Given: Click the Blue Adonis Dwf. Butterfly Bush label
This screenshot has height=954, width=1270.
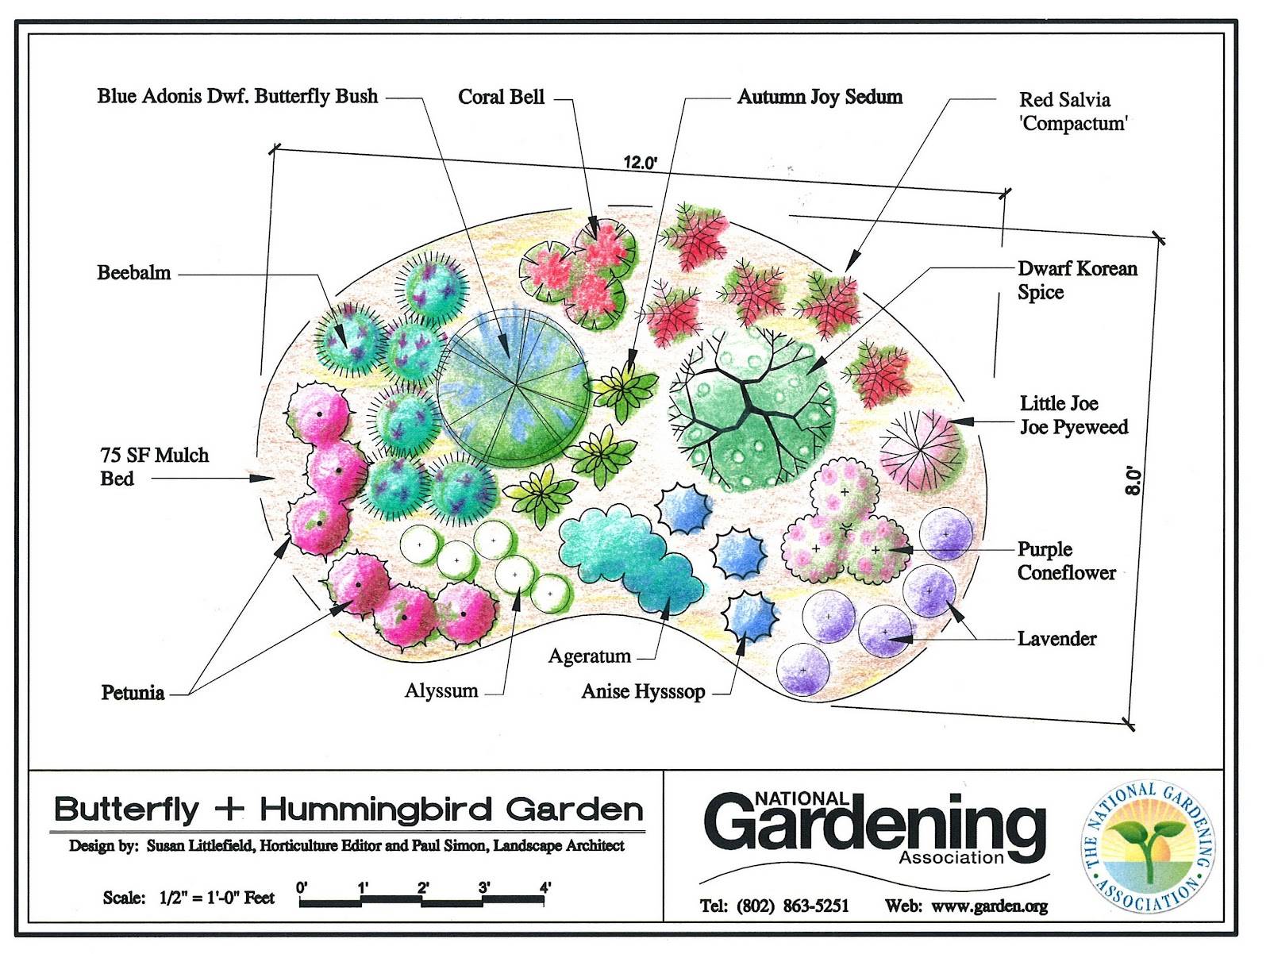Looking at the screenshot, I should click(237, 97).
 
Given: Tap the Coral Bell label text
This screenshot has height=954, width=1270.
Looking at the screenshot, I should click(501, 97).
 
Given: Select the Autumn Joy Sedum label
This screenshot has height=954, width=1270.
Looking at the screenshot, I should click(819, 97).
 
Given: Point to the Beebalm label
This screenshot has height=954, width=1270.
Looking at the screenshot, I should click(133, 273).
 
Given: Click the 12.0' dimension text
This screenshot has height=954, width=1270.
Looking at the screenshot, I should click(640, 163).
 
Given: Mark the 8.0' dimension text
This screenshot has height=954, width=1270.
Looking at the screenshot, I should click(1133, 482).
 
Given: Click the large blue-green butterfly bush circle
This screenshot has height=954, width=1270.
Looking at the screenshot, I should click(514, 387).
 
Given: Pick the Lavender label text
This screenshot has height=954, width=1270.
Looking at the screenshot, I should click(1056, 639).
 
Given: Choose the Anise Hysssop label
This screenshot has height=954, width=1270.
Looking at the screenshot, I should click(643, 692).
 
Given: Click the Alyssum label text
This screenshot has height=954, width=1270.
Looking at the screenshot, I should click(441, 690).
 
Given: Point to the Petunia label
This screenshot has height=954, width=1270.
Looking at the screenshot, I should click(133, 693).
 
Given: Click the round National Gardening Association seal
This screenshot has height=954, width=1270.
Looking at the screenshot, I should click(1149, 848).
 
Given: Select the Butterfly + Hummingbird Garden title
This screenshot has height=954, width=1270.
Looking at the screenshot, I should click(348, 810).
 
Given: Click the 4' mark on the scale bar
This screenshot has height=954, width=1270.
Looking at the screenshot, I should click(545, 887).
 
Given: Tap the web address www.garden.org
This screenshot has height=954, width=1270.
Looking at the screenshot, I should click(989, 906).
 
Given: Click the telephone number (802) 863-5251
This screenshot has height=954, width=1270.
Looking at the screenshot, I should click(792, 906).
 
